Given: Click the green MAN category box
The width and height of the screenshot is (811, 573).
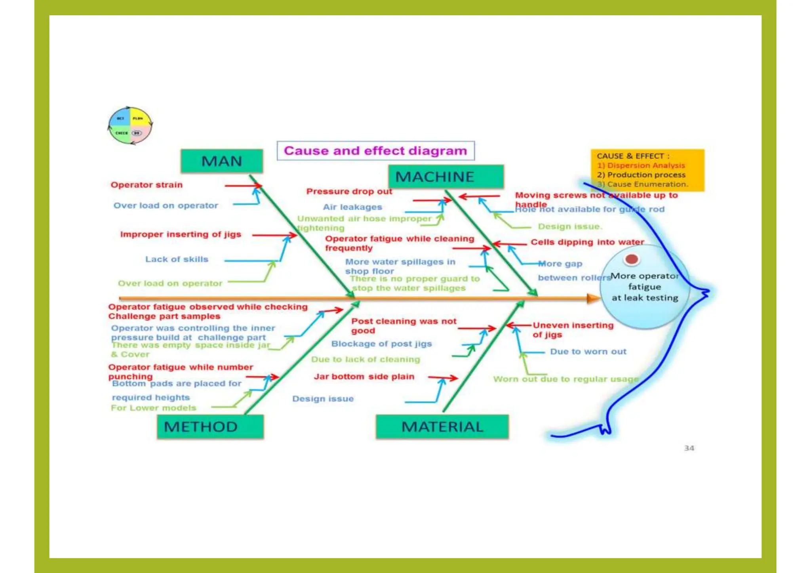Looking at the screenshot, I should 222,161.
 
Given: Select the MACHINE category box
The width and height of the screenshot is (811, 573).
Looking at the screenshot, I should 446,177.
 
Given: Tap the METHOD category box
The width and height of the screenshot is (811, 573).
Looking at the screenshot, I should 210,426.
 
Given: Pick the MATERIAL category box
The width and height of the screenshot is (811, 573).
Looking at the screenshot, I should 442,426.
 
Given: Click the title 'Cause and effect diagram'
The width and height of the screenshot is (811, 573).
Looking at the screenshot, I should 375,151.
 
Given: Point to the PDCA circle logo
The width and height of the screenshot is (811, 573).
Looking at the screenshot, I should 130,126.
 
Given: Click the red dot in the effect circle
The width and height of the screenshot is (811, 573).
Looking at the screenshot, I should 631,259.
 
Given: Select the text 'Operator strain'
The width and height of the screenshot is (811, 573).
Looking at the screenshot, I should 147,185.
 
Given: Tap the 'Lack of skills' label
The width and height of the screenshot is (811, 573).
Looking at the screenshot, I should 177,259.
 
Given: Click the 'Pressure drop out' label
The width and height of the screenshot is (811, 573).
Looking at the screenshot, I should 349,192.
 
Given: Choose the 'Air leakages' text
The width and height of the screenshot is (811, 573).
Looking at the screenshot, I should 352,207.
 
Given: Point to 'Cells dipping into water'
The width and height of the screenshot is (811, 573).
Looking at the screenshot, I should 587,242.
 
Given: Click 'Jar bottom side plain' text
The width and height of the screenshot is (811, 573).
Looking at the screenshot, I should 364,377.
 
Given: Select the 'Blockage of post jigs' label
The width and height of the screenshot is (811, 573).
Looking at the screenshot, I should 381,344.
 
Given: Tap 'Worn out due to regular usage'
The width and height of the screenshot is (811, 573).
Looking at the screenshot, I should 566,379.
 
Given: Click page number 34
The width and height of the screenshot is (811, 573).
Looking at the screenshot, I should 689,448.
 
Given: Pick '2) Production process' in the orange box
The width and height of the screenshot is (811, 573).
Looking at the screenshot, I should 641,175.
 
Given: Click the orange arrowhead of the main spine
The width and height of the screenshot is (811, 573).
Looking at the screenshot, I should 593,298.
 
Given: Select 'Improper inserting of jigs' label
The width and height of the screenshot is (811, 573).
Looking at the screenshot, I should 181,234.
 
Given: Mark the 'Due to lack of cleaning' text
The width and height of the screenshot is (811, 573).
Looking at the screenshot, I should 366,360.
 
